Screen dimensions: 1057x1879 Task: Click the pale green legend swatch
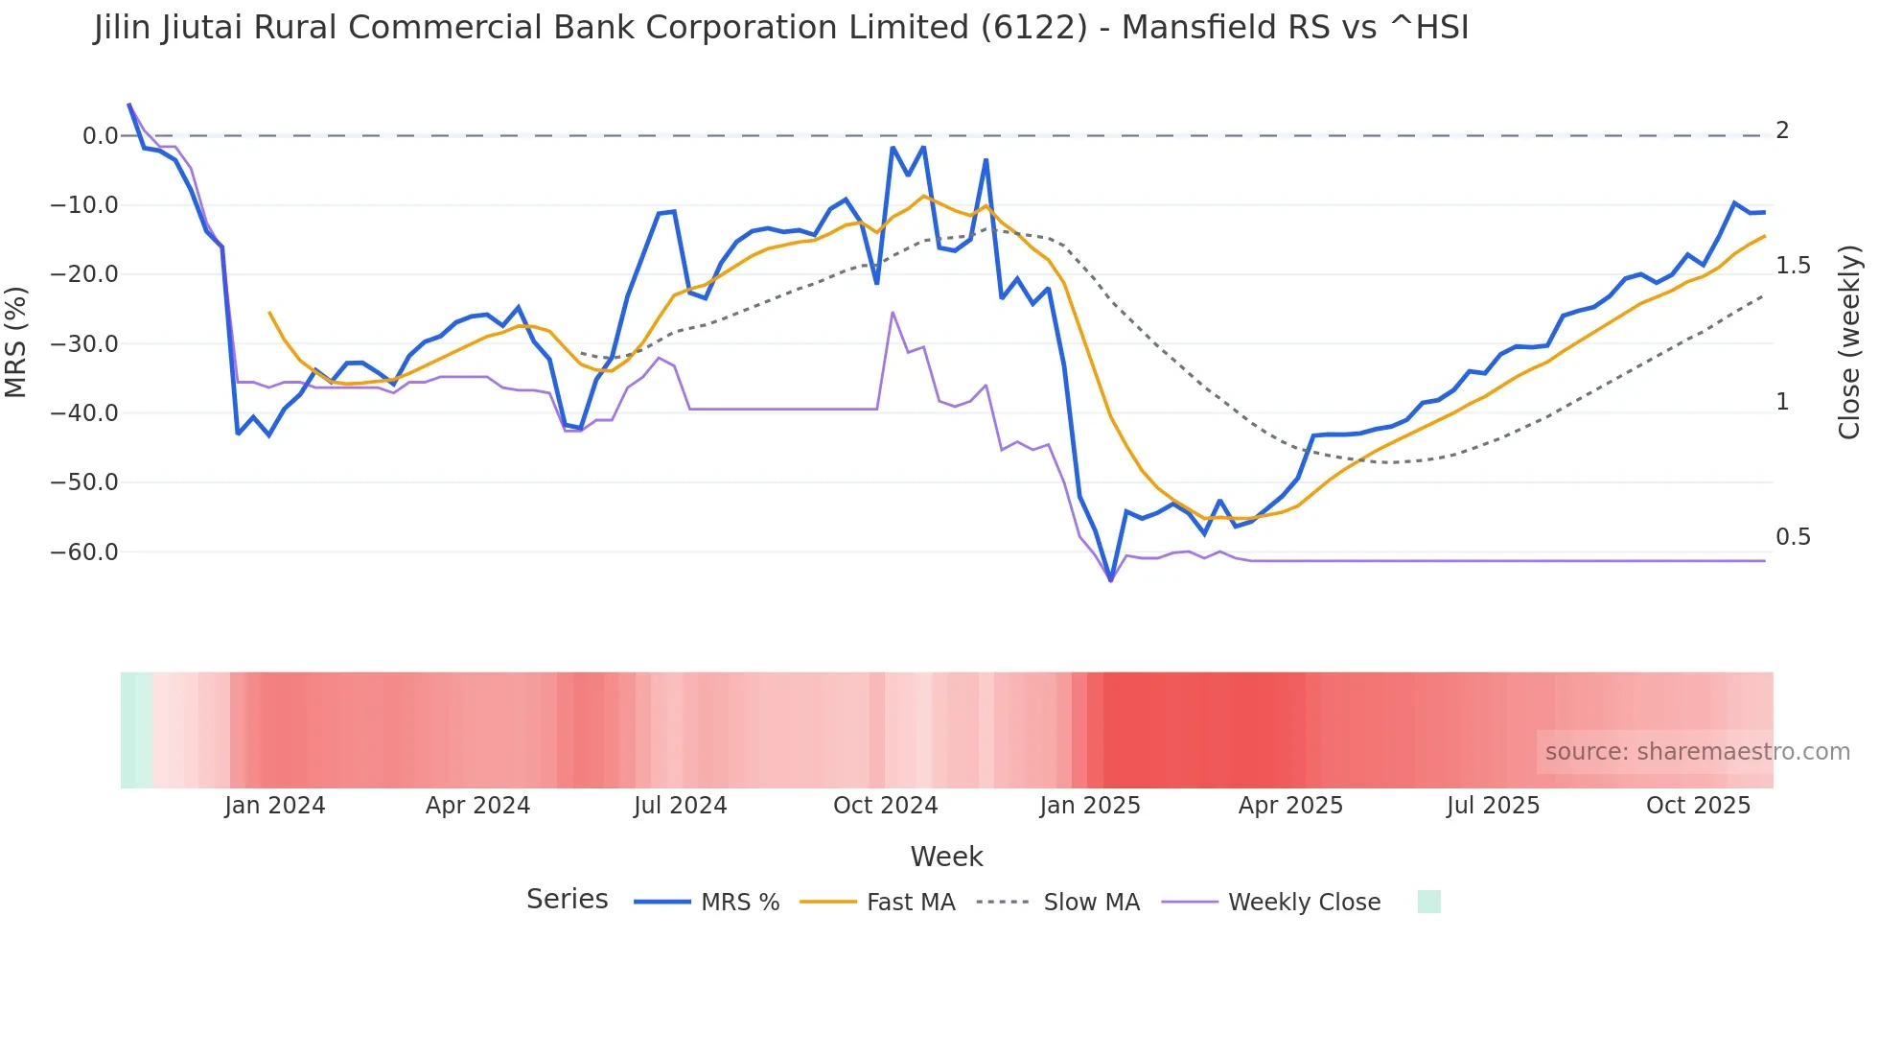pyautogui.click(x=1428, y=902)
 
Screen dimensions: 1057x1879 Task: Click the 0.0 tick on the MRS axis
pyautogui.click(x=100, y=136)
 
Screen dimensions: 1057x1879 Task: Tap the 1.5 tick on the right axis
pyautogui.click(x=1793, y=266)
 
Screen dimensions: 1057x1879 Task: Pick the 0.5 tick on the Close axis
pyautogui.click(x=1793, y=537)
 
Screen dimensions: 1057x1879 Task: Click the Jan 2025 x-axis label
pyautogui.click(x=1090, y=806)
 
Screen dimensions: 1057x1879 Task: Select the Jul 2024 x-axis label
pyautogui.click(x=680, y=806)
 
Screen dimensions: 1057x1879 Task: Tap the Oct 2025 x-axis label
pyautogui.click(x=1698, y=806)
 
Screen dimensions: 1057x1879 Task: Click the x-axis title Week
pyautogui.click(x=946, y=857)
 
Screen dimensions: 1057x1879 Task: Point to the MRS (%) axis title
pyautogui.click(x=16, y=342)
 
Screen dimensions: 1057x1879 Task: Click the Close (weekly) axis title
pyautogui.click(x=1849, y=342)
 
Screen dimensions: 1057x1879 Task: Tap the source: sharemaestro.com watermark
pyautogui.click(x=1697, y=752)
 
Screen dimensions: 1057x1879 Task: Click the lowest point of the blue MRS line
pyautogui.click(x=1110, y=580)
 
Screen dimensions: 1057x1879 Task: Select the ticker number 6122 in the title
pyautogui.click(x=1033, y=28)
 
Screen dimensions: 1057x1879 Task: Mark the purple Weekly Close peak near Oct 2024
pyautogui.click(x=893, y=313)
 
